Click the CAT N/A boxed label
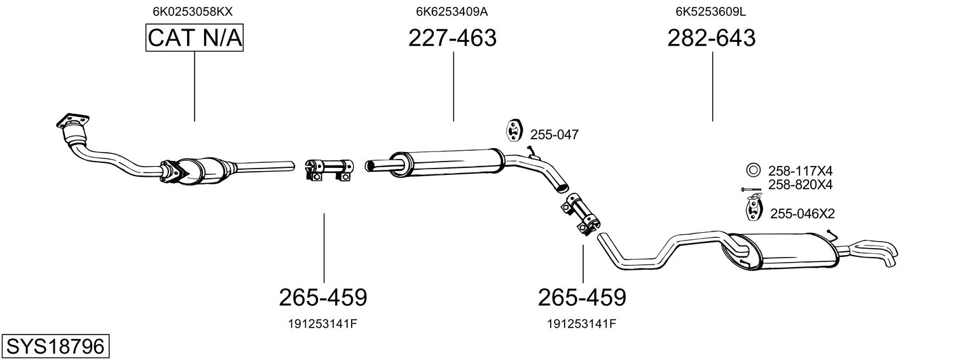195,38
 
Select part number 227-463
452,38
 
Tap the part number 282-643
711,38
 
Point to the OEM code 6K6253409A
452,11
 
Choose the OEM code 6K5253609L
711,11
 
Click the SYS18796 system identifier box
55,347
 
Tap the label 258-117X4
800,170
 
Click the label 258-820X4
800,184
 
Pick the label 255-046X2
802,214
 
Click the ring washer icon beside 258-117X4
753,170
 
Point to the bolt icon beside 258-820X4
752,189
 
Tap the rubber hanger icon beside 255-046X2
753,210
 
